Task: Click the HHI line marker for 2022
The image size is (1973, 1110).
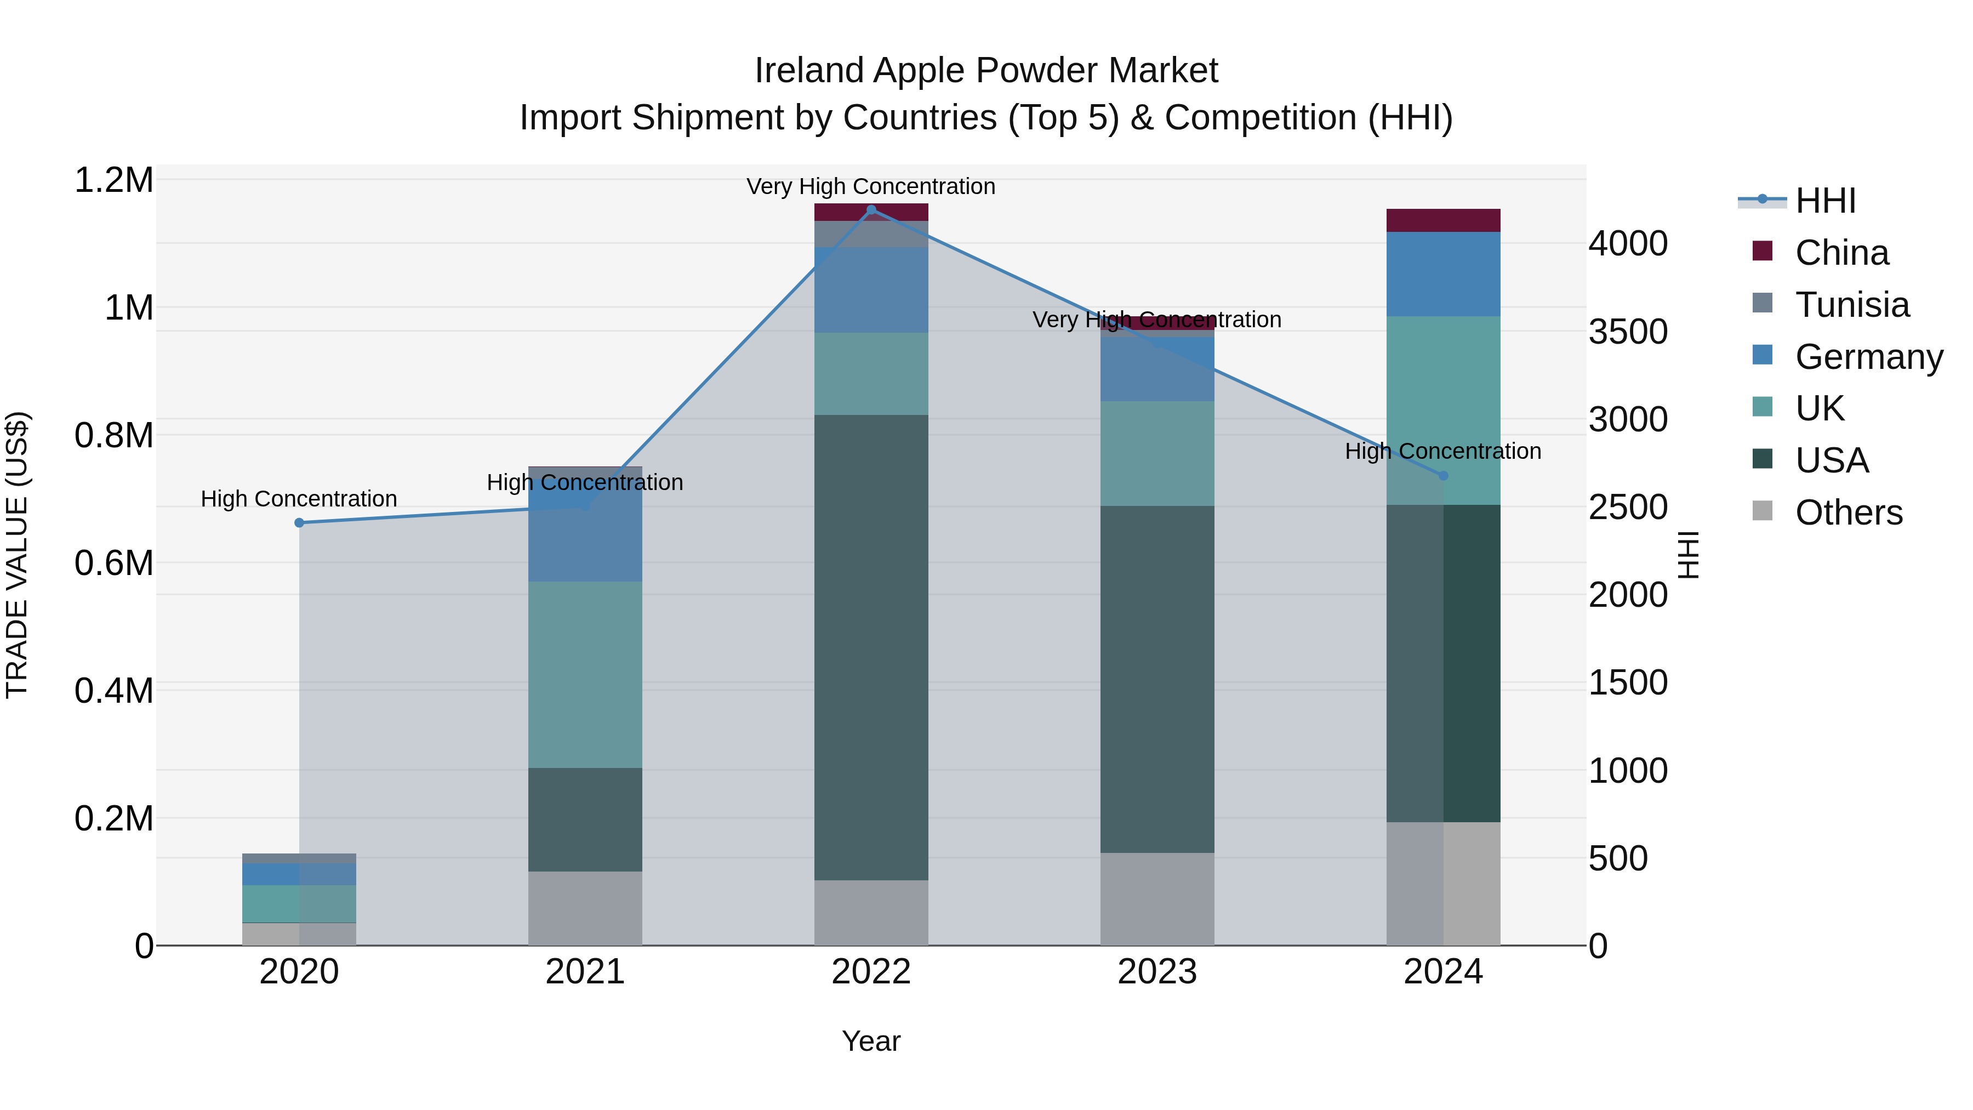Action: pyautogui.click(x=871, y=210)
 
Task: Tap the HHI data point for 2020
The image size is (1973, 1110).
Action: pyautogui.click(x=299, y=522)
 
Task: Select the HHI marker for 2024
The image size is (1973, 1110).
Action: pyautogui.click(x=1443, y=476)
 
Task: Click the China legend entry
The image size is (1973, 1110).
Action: pyautogui.click(x=1841, y=253)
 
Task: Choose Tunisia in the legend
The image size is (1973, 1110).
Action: pyautogui.click(x=1851, y=305)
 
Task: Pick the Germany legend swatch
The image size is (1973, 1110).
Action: pyautogui.click(x=1763, y=355)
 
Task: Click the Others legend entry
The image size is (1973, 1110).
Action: pyautogui.click(x=1848, y=513)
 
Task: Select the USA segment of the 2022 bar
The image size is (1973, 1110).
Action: pyautogui.click(x=871, y=647)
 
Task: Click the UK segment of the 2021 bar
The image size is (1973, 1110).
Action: pyautogui.click(x=585, y=674)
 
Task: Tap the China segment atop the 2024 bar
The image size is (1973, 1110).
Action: pyautogui.click(x=1443, y=220)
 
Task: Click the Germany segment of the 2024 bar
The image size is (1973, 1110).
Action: pyautogui.click(x=1443, y=274)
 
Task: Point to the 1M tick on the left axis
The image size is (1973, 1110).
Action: pyautogui.click(x=129, y=308)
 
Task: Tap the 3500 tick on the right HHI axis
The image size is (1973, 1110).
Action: pyautogui.click(x=1628, y=332)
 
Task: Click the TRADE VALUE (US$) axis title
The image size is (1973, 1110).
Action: pyautogui.click(x=17, y=555)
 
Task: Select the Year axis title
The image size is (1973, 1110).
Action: pyautogui.click(x=871, y=1041)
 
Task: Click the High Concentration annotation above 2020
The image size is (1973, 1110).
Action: pyautogui.click(x=299, y=499)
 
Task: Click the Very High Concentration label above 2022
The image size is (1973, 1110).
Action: pyautogui.click(x=871, y=186)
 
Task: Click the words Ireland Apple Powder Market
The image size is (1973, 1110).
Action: pyautogui.click(x=986, y=71)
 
